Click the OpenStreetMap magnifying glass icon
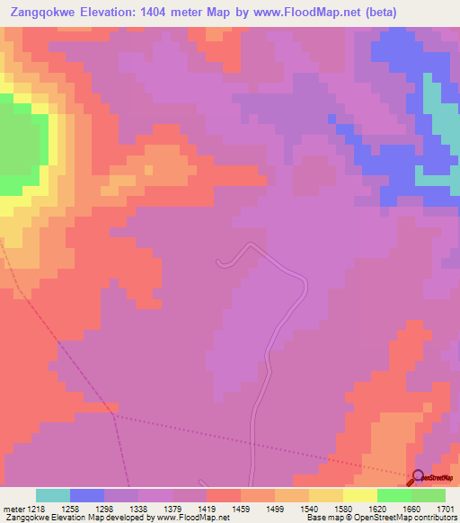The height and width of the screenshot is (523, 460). pos(418,478)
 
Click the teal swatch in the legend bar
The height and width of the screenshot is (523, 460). pos(53,495)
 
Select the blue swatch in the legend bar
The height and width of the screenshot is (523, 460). pos(87,495)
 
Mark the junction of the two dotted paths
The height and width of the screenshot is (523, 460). pos(114,414)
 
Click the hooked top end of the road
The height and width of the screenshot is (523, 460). pos(219,261)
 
